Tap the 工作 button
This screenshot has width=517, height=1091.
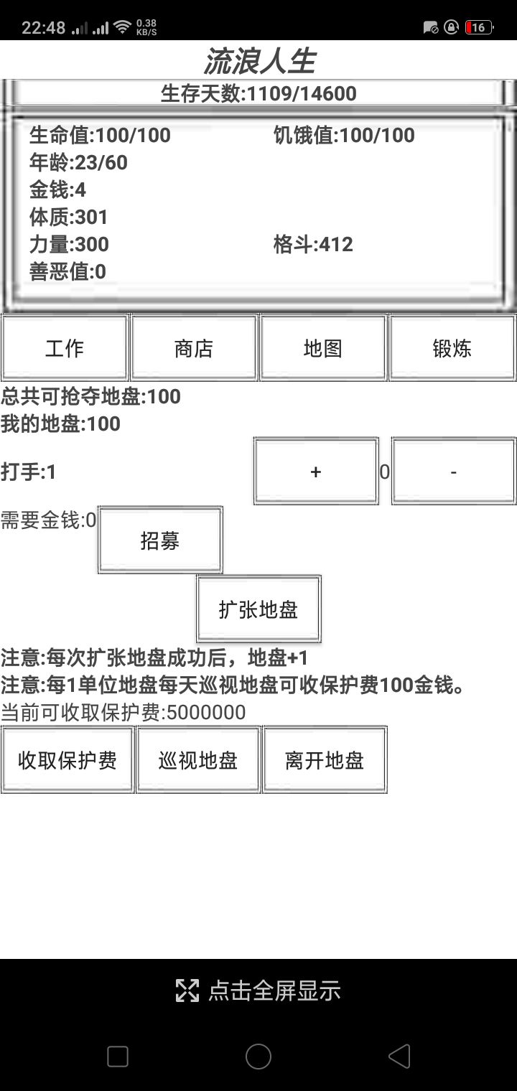point(65,348)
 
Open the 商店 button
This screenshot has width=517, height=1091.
point(194,348)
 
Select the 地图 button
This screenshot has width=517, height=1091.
point(323,348)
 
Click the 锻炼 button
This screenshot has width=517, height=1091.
point(452,348)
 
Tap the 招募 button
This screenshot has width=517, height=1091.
point(160,540)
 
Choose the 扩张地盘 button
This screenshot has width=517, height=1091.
point(258,609)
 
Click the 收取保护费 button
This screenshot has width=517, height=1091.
point(67,760)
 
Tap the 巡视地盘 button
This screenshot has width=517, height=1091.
point(198,760)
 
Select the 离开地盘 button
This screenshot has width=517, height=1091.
point(325,760)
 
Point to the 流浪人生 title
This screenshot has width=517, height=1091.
point(259,61)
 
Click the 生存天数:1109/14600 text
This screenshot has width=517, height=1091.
point(258,93)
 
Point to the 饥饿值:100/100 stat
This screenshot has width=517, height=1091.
point(344,135)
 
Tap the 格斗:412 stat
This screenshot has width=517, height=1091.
point(313,244)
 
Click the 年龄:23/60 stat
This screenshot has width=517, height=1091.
point(78,162)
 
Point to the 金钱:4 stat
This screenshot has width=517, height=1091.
point(57,189)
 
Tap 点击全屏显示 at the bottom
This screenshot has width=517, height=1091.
point(258,991)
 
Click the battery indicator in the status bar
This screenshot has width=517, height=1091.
point(478,28)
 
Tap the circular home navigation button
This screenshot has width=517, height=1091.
point(258,1057)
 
